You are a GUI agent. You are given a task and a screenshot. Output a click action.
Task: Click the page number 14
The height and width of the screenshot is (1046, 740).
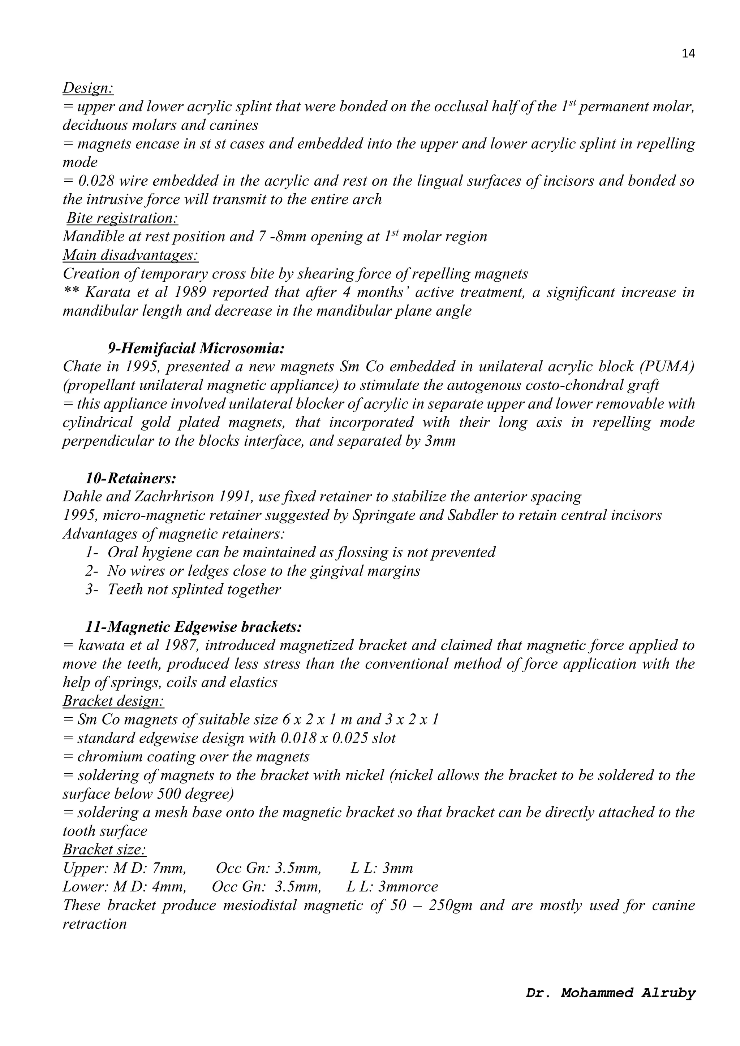[x=688, y=54]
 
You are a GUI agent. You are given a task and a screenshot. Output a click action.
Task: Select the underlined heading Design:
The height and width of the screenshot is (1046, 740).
[x=88, y=87]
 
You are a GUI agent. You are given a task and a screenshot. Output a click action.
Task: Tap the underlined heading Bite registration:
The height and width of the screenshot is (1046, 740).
[x=122, y=218]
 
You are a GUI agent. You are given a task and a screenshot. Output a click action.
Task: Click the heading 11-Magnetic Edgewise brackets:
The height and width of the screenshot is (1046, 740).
[x=194, y=627]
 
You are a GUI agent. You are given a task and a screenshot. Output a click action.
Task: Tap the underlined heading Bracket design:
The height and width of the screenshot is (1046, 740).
[x=113, y=701]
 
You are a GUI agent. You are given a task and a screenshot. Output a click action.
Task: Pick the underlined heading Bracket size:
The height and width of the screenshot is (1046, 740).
[x=104, y=850]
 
